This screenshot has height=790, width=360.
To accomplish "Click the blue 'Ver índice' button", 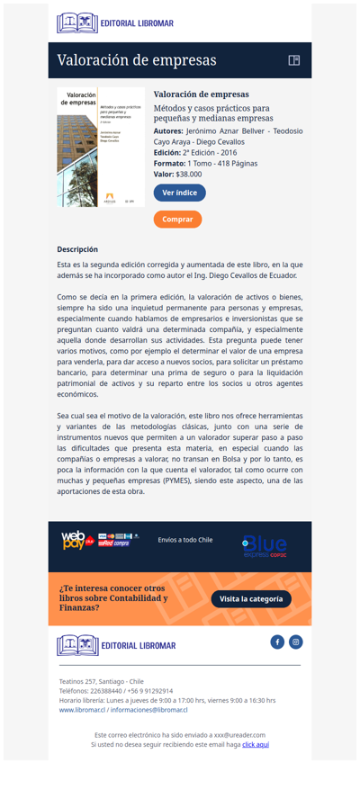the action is pyautogui.click(x=179, y=193).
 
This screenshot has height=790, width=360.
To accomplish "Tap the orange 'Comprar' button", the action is pyautogui.click(x=177, y=219).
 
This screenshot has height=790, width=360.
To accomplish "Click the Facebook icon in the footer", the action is pyautogui.click(x=277, y=642).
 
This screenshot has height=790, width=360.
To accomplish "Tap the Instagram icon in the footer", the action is pyautogui.click(x=296, y=642).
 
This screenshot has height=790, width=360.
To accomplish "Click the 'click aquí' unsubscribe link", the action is pyautogui.click(x=256, y=745).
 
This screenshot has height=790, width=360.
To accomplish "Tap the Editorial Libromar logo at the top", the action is pyautogui.click(x=114, y=23).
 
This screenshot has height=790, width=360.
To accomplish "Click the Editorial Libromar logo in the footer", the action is pyautogui.click(x=116, y=645).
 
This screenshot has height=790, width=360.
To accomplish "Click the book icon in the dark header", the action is pyautogui.click(x=293, y=60).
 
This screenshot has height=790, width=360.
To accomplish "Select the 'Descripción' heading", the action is pyautogui.click(x=77, y=249).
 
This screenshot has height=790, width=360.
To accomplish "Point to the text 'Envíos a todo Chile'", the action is pyautogui.click(x=185, y=540).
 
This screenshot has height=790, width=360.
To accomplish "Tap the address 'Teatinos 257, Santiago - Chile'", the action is pyautogui.click(x=101, y=681).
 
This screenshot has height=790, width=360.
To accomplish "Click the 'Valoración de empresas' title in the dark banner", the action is pyautogui.click(x=137, y=60).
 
